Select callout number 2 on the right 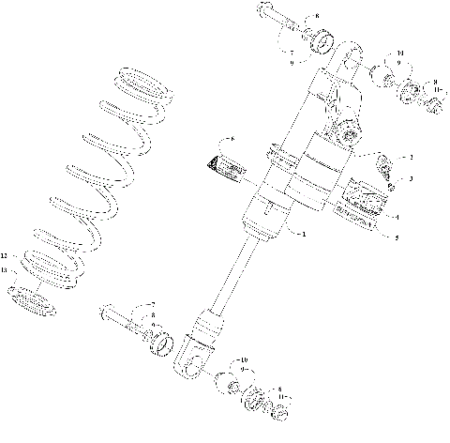click(x=410, y=157)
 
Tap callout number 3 click(x=410, y=177)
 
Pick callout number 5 click(x=397, y=237)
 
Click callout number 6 click(x=232, y=139)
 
